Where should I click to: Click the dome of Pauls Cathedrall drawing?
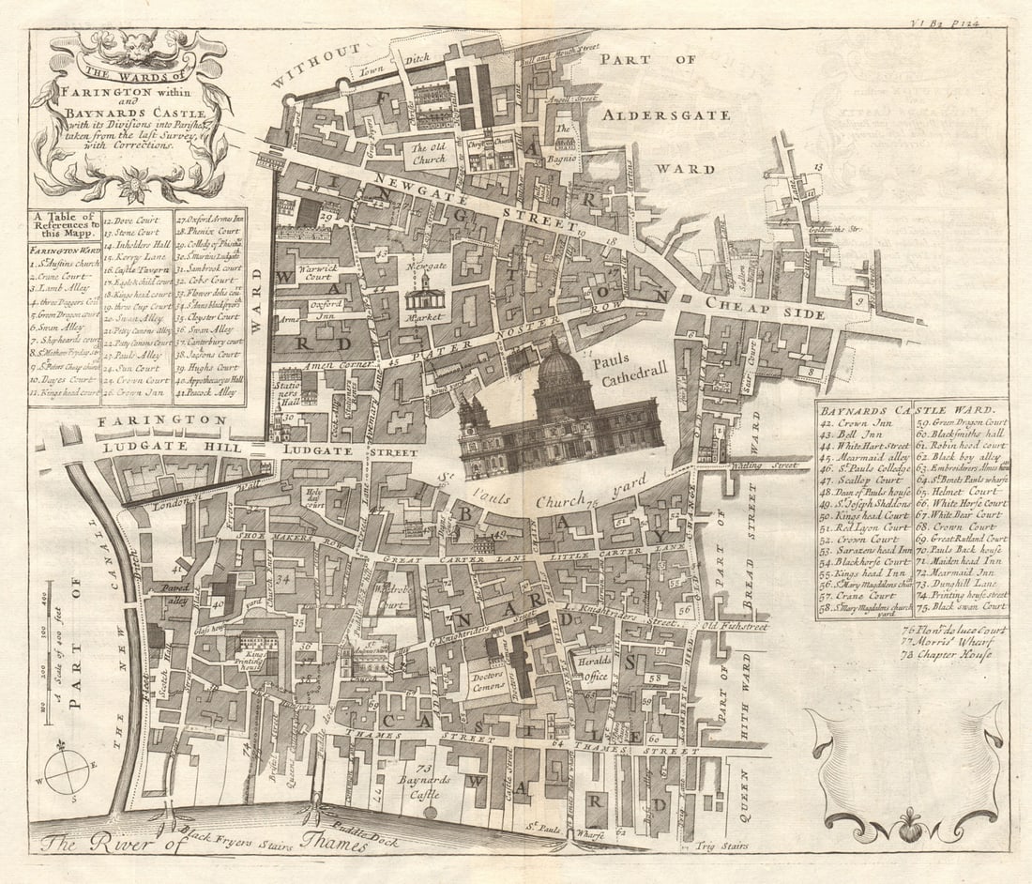click(561, 369)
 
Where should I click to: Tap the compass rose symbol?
click(67, 773)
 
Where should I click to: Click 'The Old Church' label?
click(430, 153)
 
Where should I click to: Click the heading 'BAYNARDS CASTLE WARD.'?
click(907, 410)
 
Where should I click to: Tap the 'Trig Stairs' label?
click(723, 846)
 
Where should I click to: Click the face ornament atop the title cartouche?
click(129, 41)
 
